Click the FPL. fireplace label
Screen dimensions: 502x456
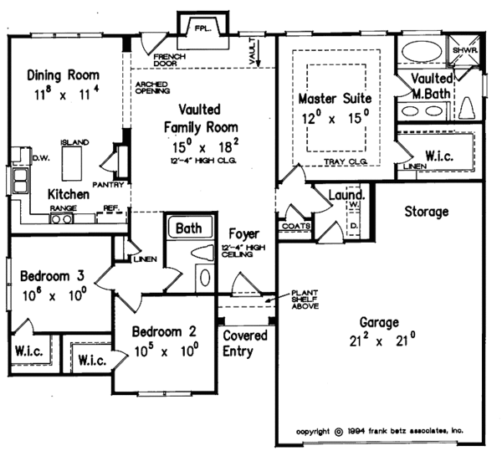[203, 28]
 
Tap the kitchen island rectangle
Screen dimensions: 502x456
[72, 163]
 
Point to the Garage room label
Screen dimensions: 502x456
[379, 322]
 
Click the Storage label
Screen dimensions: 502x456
[427, 212]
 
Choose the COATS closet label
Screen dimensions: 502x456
[296, 226]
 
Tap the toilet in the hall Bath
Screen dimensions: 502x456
[202, 253]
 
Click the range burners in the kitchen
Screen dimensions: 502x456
[62, 219]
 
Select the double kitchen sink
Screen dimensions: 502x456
[20, 181]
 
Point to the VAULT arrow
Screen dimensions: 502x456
[259, 54]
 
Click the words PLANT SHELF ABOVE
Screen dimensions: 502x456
[305, 300]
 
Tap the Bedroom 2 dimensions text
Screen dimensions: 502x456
[166, 350]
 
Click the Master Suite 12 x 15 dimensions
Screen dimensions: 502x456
[336, 117]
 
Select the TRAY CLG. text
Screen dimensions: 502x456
[346, 162]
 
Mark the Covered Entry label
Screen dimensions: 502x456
[245, 343]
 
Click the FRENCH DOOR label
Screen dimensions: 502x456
[170, 60]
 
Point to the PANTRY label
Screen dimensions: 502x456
[108, 185]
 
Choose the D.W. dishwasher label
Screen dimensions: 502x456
[42, 158]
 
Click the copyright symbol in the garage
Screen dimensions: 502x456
[338, 431]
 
